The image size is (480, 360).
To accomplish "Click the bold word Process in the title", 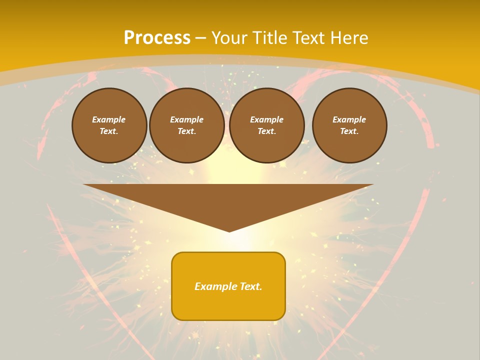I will point(157,38).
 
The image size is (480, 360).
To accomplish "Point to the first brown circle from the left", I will point(109,125).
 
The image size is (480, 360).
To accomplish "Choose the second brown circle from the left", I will point(187,125).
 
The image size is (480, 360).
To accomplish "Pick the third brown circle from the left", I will point(267,125).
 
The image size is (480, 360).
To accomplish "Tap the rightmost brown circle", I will point(349,125).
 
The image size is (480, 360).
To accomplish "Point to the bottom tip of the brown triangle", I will point(229,231).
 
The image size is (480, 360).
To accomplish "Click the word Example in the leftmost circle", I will point(109,119).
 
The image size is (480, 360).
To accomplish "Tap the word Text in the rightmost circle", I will point(349,131).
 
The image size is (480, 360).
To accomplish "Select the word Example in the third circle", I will point(267,119).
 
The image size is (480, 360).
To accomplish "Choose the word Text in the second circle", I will point(187,131).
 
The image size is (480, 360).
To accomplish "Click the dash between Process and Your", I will point(200,38).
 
